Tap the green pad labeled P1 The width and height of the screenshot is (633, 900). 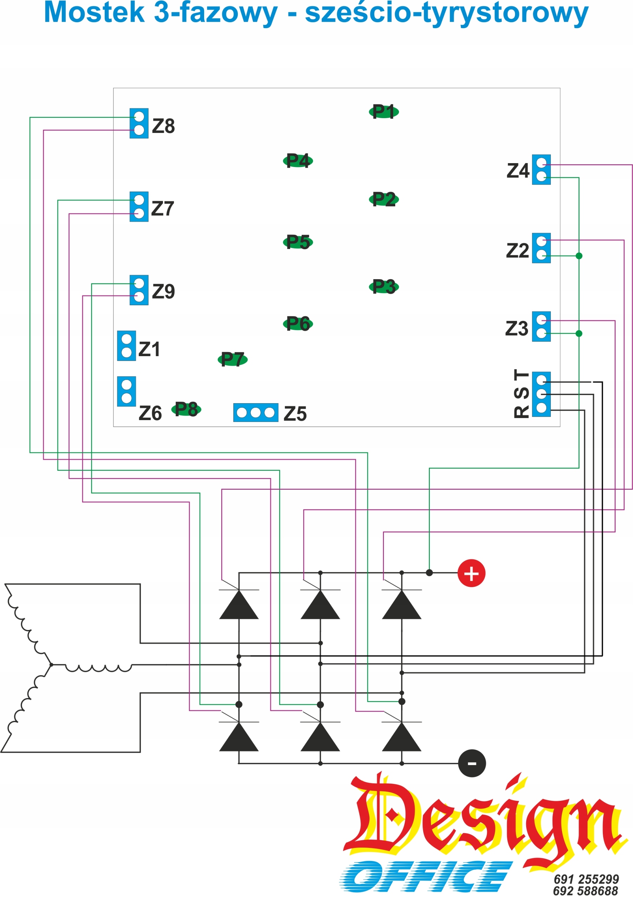[384, 112]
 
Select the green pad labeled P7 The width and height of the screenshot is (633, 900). [233, 359]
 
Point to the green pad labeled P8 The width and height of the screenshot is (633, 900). [186, 409]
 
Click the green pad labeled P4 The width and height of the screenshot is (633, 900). [298, 161]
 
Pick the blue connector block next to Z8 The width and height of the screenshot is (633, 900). [139, 123]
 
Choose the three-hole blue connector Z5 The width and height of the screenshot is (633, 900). [256, 412]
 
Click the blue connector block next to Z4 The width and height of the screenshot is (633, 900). [541, 169]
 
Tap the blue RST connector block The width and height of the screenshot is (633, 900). [541, 394]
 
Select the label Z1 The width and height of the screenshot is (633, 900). [149, 349]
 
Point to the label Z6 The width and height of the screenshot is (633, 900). [150, 413]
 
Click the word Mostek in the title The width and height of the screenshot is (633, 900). [94, 13]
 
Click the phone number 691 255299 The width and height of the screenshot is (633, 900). [586, 879]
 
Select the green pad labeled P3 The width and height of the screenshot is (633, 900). [384, 287]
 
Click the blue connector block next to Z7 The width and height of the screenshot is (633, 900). [139, 207]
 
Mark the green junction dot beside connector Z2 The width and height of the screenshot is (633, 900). [579, 256]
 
